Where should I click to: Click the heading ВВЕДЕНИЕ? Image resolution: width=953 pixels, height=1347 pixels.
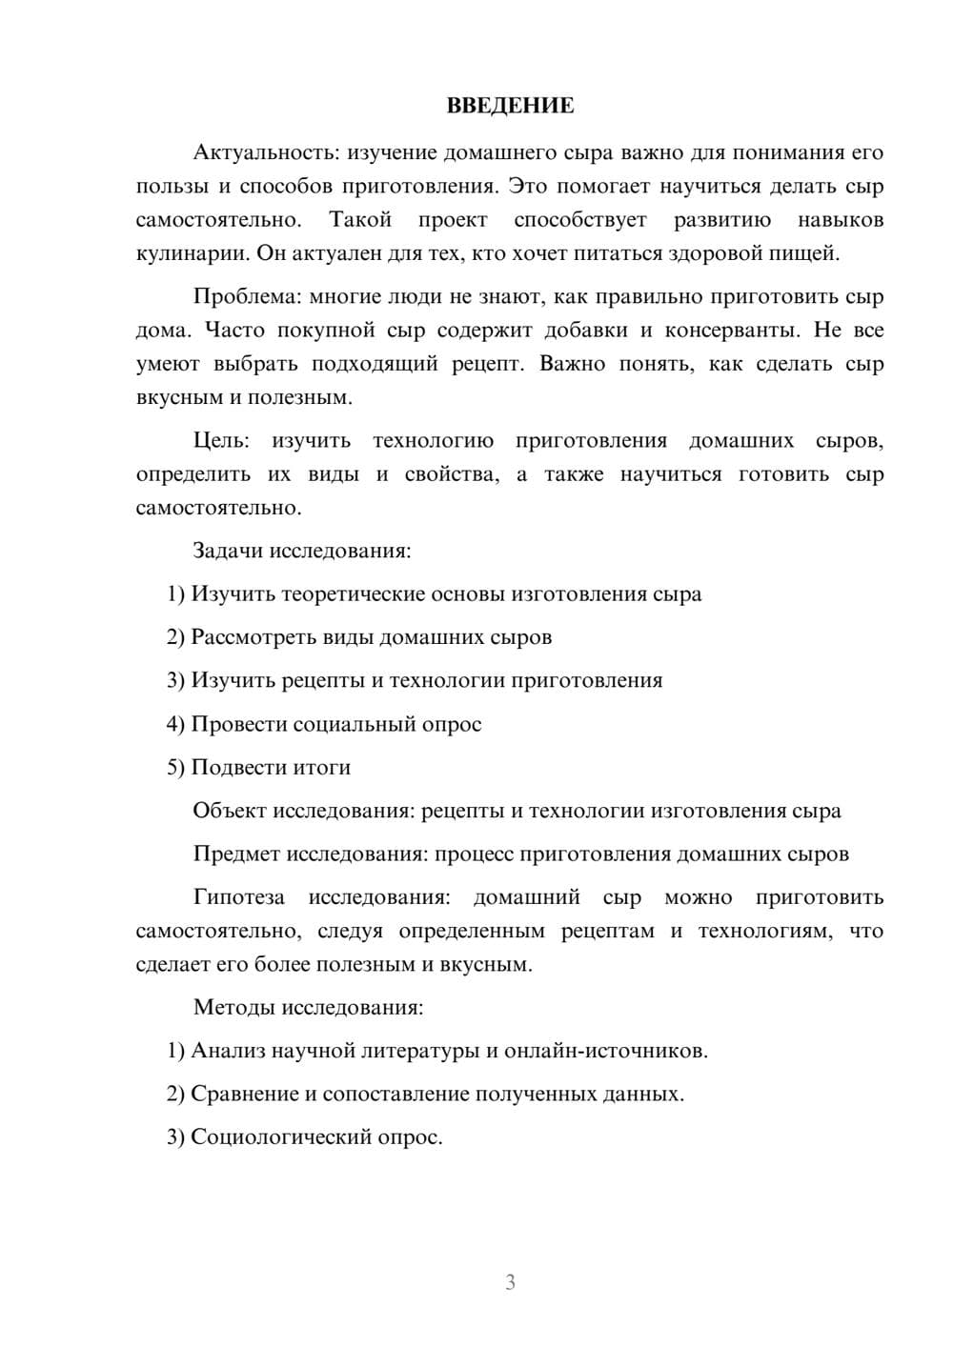coord(510,106)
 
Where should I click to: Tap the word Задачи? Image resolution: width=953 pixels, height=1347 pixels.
coord(228,551)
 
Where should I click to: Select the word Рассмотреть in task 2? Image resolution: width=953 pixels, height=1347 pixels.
coord(251,637)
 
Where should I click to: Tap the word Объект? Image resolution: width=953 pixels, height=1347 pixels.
coord(229,811)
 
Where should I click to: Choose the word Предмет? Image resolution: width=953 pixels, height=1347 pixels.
coord(235,854)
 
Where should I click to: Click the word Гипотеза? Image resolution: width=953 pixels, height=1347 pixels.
coord(238,897)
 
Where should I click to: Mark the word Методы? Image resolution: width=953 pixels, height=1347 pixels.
coord(230,1007)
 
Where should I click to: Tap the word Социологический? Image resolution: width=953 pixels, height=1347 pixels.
coord(277,1137)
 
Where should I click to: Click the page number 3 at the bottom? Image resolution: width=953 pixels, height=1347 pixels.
coord(510,1282)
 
